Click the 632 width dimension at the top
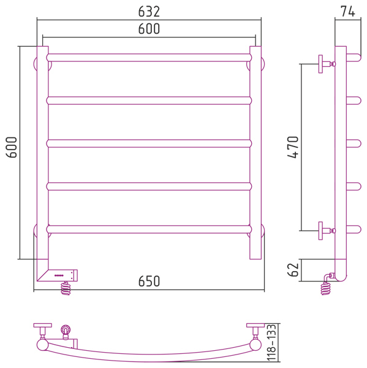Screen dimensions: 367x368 pos(149,12)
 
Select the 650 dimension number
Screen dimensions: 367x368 pos(149,281)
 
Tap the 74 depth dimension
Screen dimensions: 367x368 pos(348,11)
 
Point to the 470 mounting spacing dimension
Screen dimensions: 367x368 pos(293,147)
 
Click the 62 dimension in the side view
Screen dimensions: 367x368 pos(293,270)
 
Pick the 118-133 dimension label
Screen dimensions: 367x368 pos(271,343)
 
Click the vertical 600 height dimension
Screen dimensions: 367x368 pos(12,147)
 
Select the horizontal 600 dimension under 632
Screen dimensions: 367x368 pos(149,29)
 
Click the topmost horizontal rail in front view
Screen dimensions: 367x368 pos(149,58)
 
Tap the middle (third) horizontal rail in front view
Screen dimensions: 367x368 pos(149,144)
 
